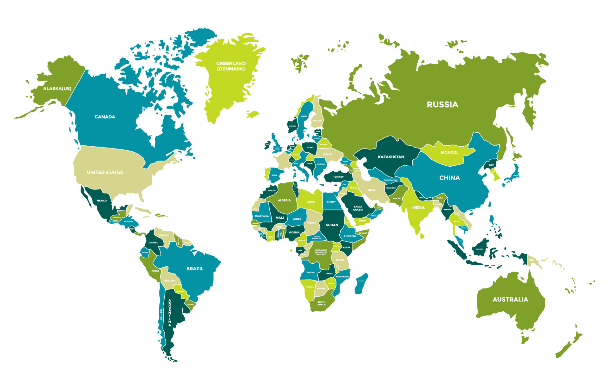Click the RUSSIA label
pyautogui.click(x=442, y=104)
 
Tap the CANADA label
pyautogui.click(x=105, y=117)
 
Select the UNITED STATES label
pyautogui.click(x=105, y=172)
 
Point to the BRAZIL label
pyautogui.click(x=195, y=268)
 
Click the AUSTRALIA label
pyautogui.click(x=510, y=299)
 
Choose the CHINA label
pyautogui.click(x=449, y=178)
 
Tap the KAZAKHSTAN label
pyautogui.click(x=391, y=157)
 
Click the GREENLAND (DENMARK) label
pyautogui.click(x=231, y=66)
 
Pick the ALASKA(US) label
pyautogui.click(x=57, y=89)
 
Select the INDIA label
pyautogui.click(x=418, y=208)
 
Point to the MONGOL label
pyautogui.click(x=449, y=152)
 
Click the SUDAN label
pyautogui.click(x=332, y=225)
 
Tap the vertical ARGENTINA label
pyautogui.click(x=170, y=313)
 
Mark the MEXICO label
pyautogui.click(x=101, y=201)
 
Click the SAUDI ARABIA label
pyautogui.click(x=358, y=208)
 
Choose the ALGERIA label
pyautogui.click(x=284, y=200)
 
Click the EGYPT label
pyautogui.click(x=331, y=202)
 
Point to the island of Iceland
pyautogui.click(x=253, y=114)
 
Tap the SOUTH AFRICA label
pyautogui.click(x=321, y=303)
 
